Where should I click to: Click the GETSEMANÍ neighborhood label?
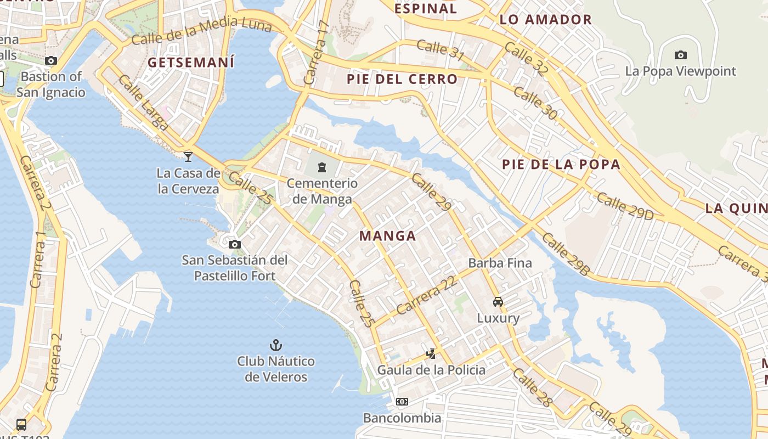pos(191,62)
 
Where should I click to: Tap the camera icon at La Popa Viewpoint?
pos(680,55)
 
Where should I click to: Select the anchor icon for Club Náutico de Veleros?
pos(276,345)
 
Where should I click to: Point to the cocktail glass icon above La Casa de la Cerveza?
pos(188,156)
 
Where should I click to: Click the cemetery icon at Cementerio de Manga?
pos(322,167)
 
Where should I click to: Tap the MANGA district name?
pos(387,236)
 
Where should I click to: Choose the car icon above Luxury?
pos(498,301)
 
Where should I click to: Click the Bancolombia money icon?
pos(402,402)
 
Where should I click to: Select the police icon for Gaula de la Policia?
pos(431,353)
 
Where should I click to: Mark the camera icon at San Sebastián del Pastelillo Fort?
pos(235,244)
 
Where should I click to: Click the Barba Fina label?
pos(500,263)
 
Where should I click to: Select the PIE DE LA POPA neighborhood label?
pos(561,164)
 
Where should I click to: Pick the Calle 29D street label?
pos(625,206)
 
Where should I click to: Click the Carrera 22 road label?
pos(426,295)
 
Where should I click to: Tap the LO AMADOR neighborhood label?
pos(545,20)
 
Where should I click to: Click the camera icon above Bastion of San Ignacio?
pos(51,60)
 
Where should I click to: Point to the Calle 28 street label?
pos(532,387)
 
